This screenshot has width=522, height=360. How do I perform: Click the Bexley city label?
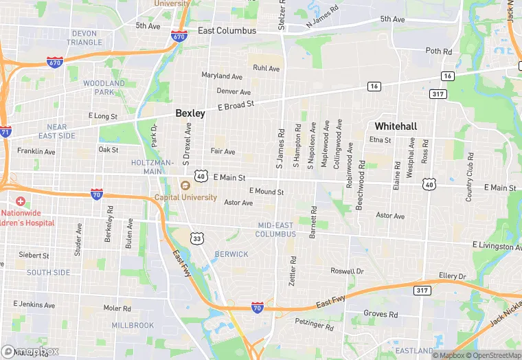pos(190,113)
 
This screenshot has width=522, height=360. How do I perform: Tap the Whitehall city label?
pos(396,126)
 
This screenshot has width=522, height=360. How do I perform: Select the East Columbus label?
pos(227,31)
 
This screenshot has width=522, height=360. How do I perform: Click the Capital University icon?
pos(184,185)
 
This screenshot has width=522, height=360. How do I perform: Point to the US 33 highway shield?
pos(198,238)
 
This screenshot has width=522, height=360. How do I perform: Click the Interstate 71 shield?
pos(5,131)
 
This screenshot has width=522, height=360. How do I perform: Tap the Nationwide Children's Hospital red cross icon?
pos(21,202)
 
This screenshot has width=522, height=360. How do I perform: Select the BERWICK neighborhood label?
pos(231,254)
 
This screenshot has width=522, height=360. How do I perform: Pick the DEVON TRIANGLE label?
pos(84,38)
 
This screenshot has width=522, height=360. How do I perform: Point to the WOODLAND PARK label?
pos(104,87)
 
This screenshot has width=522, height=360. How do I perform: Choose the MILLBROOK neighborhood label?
pos(133,325)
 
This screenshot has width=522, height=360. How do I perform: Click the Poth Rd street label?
pos(438,52)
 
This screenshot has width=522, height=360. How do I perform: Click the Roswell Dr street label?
pos(347,271)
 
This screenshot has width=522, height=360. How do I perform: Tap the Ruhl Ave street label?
pos(266,69)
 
